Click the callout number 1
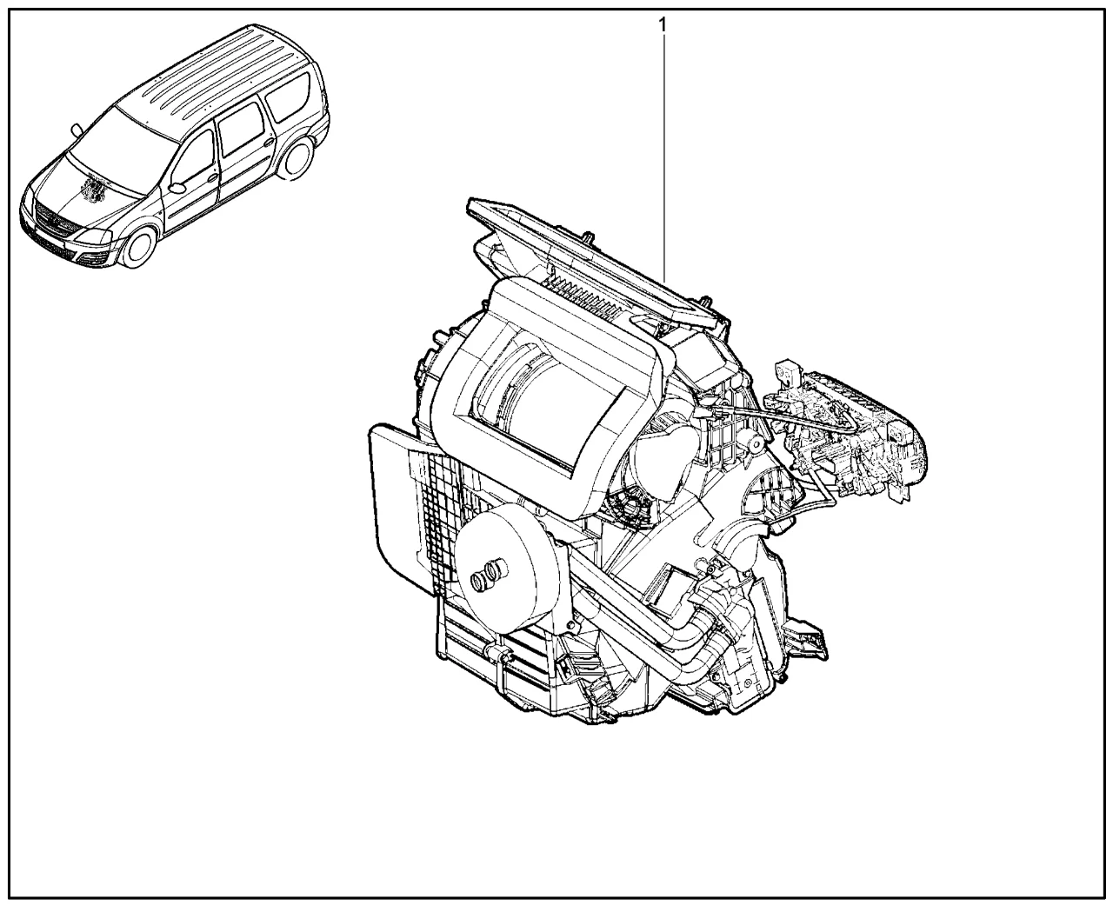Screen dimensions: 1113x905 click(x=663, y=24)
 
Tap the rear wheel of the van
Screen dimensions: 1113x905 click(x=296, y=159)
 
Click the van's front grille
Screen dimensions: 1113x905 click(x=54, y=219)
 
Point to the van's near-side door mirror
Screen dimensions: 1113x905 click(x=177, y=188)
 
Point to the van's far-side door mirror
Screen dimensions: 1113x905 click(x=77, y=129)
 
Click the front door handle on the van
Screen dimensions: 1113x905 click(x=213, y=178)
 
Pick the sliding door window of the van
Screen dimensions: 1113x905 click(x=241, y=129)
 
